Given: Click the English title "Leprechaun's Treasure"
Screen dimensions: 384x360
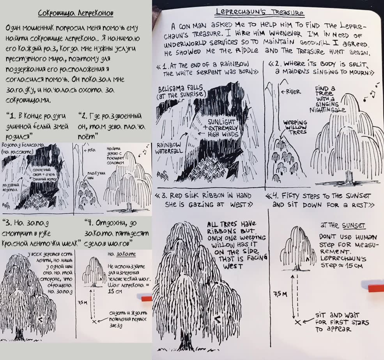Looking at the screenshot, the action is click(x=259, y=12).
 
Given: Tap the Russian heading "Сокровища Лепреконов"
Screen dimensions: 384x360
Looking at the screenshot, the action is click(x=76, y=13).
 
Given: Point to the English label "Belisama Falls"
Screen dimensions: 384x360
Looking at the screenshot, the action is click(x=180, y=88).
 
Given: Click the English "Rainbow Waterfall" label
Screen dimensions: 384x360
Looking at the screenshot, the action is click(x=169, y=148).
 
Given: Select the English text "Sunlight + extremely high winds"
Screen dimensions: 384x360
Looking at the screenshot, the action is click(x=222, y=128).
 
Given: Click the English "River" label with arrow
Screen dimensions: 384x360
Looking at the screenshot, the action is click(x=291, y=92).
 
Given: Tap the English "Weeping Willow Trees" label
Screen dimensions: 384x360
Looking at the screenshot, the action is click(x=295, y=127).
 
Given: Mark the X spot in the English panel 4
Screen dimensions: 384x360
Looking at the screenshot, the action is click(x=297, y=322).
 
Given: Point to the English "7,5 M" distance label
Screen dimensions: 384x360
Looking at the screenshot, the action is click(x=280, y=294).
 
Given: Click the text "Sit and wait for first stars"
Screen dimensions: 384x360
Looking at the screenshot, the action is click(x=342, y=322).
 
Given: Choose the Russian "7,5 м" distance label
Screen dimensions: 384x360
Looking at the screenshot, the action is click(x=83, y=303).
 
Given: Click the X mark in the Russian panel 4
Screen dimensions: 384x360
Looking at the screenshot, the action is click(x=94, y=321).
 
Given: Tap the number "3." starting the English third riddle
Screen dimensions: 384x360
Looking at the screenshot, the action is click(x=165, y=196).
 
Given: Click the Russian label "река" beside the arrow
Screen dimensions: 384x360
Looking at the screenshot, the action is click(x=91, y=150).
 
